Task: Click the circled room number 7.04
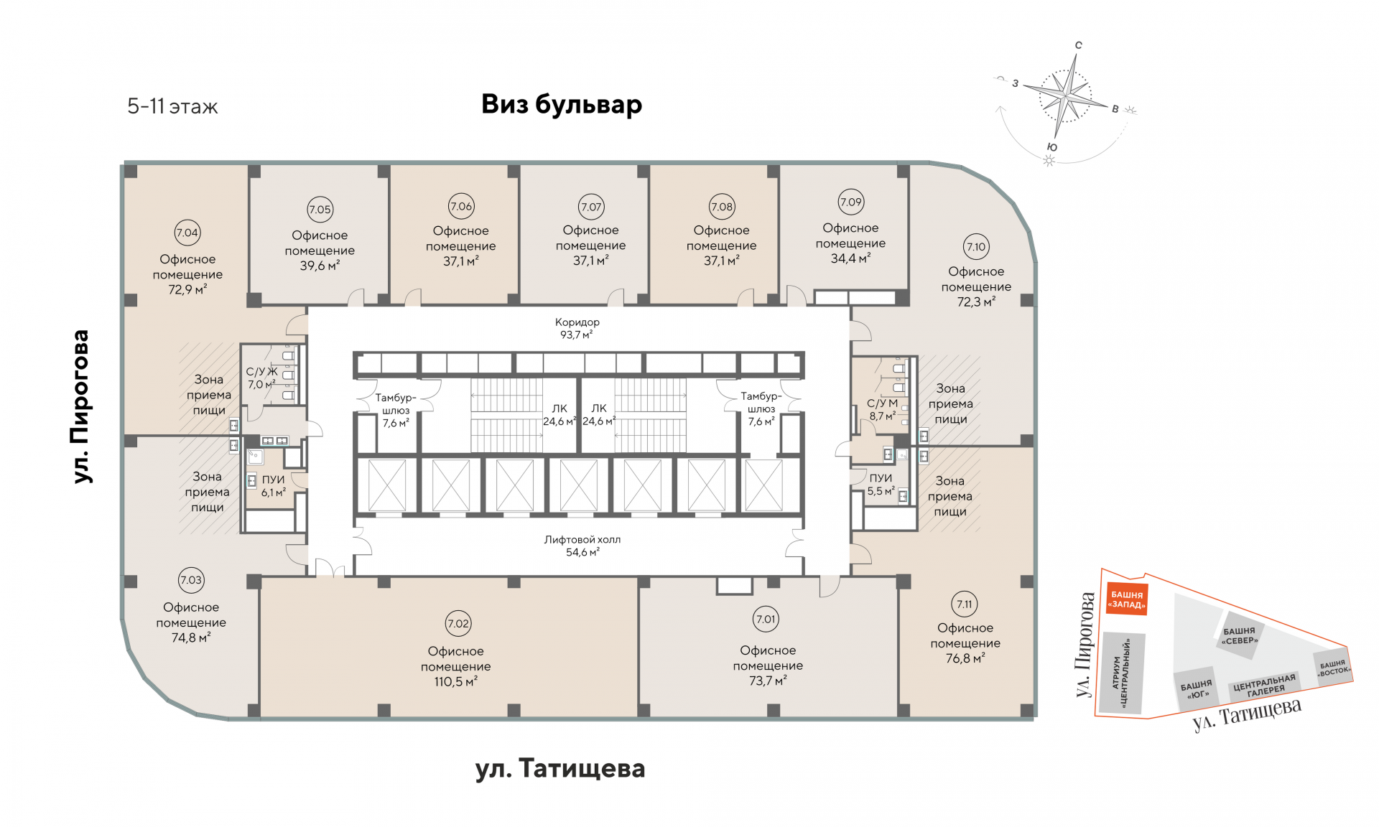pos(187,233)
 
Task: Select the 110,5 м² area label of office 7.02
pos(455,681)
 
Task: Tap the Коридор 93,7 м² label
pos(577,328)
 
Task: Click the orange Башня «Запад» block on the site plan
pos(1126,599)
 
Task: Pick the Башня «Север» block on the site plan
pos(1240,636)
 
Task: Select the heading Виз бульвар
pos(562,104)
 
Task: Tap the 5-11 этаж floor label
pos(172,107)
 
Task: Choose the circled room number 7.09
pos(850,202)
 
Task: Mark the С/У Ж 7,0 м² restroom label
pos(261,378)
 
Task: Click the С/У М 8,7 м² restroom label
pos(882,409)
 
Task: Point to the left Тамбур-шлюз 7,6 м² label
pos(396,410)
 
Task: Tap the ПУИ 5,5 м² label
pos(881,485)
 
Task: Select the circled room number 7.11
pos(964,604)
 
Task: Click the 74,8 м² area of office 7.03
pos(190,637)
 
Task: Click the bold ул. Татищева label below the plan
pos(560,769)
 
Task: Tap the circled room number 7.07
pos(591,207)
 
